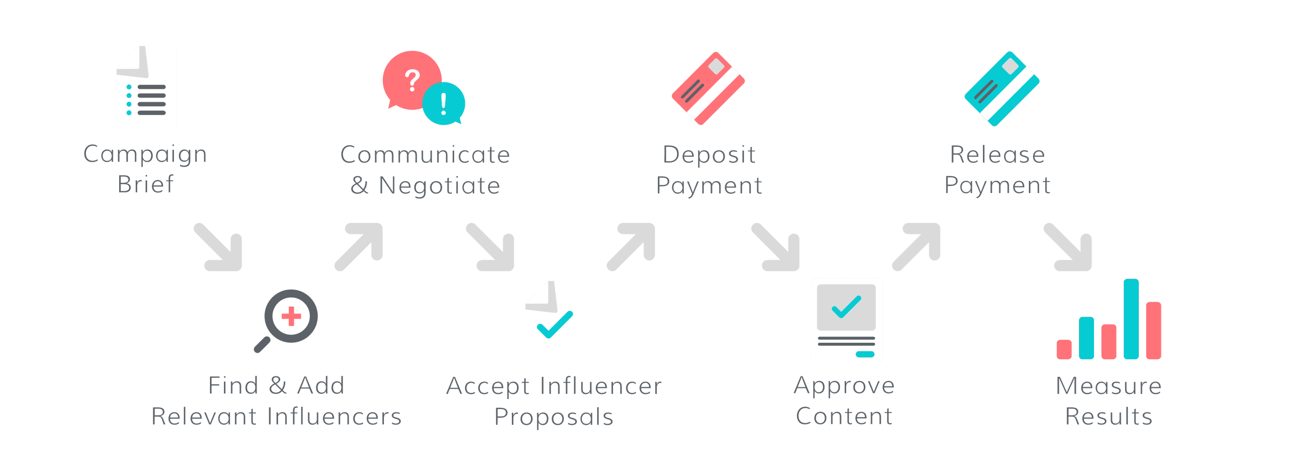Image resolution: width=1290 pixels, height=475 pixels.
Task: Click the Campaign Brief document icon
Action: coord(147,87)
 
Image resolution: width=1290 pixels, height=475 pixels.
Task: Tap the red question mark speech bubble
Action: coord(411,80)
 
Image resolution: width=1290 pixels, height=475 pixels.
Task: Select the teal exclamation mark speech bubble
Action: coord(444,104)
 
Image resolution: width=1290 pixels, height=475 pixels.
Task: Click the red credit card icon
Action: coord(708,88)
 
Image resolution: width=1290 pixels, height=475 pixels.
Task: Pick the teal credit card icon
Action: coord(1002,88)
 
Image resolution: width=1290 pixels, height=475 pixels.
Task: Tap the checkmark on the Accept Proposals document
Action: coord(555,324)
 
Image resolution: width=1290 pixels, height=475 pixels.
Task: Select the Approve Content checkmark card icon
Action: coord(847,321)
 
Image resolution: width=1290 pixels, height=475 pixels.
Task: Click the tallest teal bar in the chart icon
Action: coord(1131,319)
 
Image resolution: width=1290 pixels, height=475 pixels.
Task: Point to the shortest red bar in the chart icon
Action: coord(1064,349)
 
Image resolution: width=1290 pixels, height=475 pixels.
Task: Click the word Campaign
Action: coord(145,155)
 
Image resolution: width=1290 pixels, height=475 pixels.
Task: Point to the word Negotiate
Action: coord(440,185)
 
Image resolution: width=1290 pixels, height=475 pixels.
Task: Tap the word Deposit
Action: coord(709,155)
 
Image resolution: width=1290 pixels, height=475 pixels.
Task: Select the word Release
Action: coord(997,155)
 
